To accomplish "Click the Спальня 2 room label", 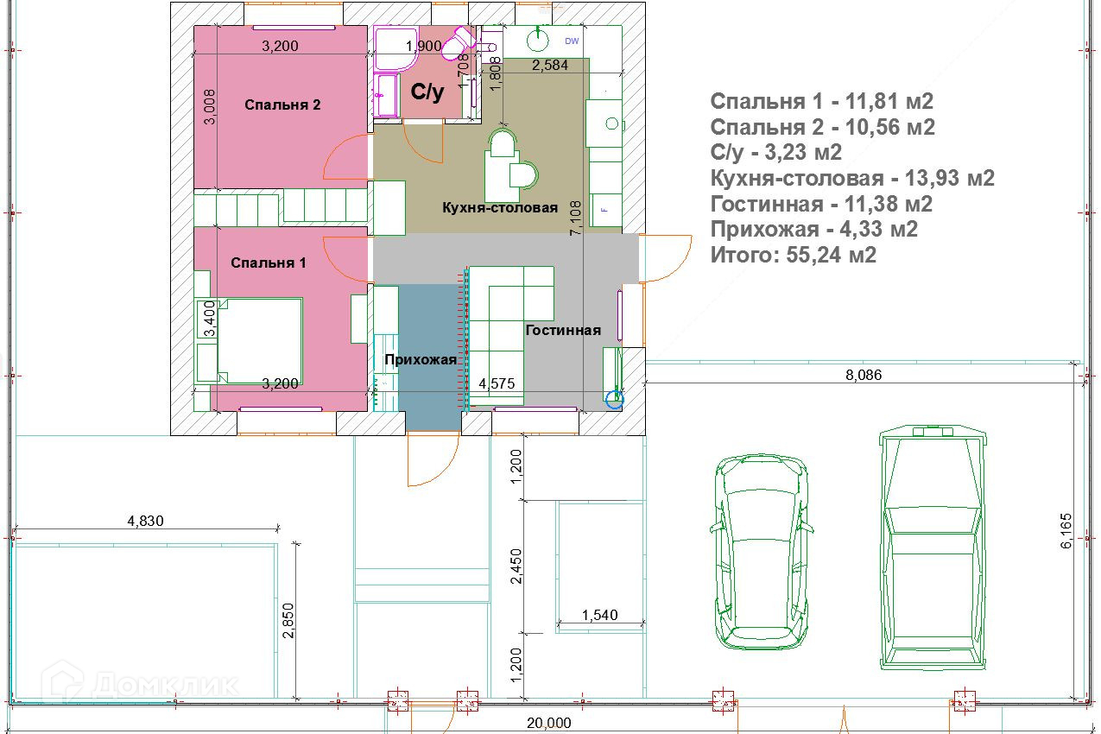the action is click(282, 104).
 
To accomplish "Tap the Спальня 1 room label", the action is click(269, 263).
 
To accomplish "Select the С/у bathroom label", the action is click(427, 92).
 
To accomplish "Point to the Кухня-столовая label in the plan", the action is click(500, 207).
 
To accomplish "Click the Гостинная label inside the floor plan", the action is click(563, 330).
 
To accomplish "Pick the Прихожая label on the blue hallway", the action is click(421, 359).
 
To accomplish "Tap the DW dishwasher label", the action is click(572, 41).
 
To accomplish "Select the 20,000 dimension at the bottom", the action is click(549, 723).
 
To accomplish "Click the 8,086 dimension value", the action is click(864, 375).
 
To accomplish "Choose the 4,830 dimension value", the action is click(145, 521).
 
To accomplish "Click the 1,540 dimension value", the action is click(599, 615).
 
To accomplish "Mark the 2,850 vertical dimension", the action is click(288, 620).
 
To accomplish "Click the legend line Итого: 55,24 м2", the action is click(794, 255).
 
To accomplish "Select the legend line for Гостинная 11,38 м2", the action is click(821, 204).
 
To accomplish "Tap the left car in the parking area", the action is click(761, 552).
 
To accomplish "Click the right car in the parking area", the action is click(933, 547).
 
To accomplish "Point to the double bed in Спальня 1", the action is click(260, 341).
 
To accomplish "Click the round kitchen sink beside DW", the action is click(538, 40).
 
